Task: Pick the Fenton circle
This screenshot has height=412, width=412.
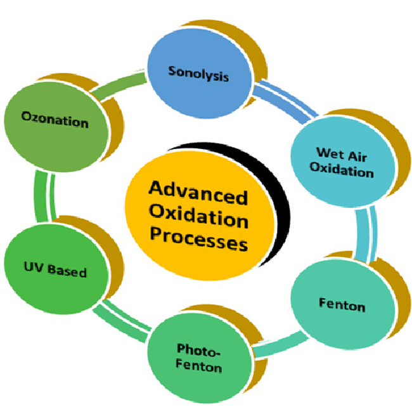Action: tap(341, 306)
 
